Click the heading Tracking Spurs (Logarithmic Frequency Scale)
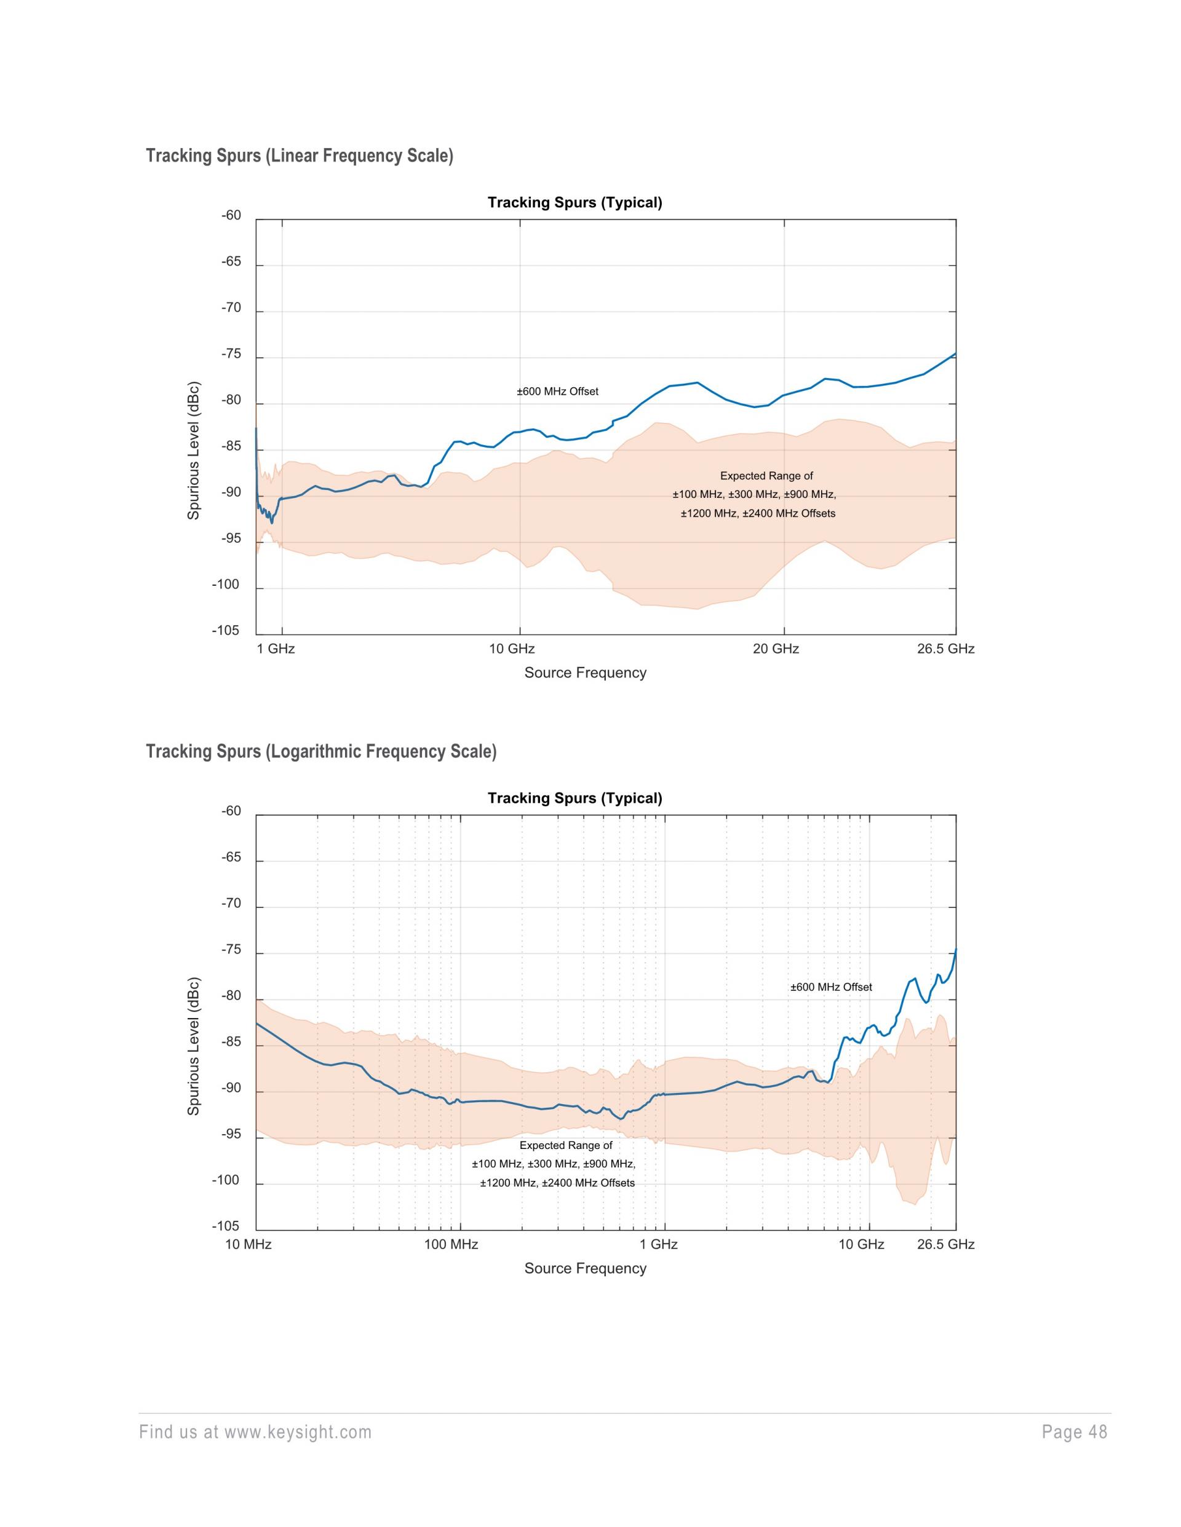pyautogui.click(x=321, y=752)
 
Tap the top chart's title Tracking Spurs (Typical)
pyautogui.click(x=575, y=203)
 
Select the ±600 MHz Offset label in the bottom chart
pyautogui.click(x=831, y=987)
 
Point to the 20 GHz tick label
pyautogui.click(x=776, y=649)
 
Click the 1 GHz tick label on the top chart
pyautogui.click(x=276, y=649)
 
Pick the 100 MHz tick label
pyautogui.click(x=451, y=1245)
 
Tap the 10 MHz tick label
pyautogui.click(x=249, y=1245)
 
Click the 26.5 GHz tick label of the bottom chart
pyautogui.click(x=945, y=1245)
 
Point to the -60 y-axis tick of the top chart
pyautogui.click(x=231, y=215)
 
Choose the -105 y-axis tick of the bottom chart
pyautogui.click(x=226, y=1226)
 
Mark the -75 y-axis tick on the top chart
pyautogui.click(x=231, y=354)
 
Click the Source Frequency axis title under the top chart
pyautogui.click(x=585, y=673)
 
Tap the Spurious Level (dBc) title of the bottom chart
pyautogui.click(x=194, y=1046)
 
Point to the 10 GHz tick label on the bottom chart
pyautogui.click(x=861, y=1245)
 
